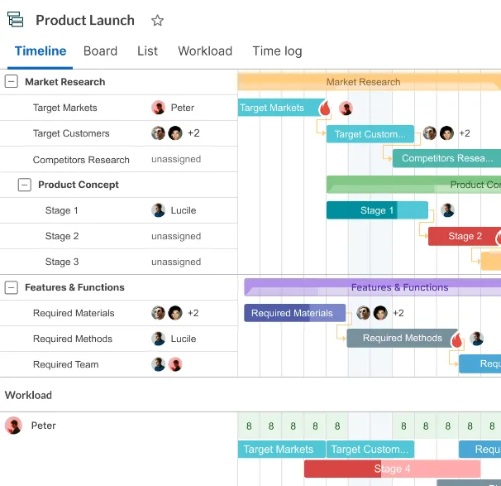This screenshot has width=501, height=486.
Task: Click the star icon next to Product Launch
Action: [157, 21]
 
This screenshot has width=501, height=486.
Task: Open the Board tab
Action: [100, 51]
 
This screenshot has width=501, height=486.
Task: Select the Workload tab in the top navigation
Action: [205, 51]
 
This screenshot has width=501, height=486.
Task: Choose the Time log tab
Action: [277, 51]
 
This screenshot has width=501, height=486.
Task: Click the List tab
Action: [147, 51]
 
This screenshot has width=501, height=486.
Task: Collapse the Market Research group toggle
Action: [12, 82]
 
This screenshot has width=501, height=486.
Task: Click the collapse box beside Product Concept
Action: [25, 185]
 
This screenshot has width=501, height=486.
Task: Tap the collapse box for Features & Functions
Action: [12, 287]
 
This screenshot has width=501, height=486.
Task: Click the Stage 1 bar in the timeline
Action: [377, 210]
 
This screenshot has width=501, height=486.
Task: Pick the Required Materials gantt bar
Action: [294, 313]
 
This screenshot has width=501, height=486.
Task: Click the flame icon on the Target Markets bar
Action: [325, 108]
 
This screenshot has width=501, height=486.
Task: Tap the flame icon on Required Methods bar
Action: [457, 339]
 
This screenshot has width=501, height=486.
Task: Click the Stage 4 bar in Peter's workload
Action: [392, 469]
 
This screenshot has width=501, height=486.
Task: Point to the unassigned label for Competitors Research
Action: [176, 159]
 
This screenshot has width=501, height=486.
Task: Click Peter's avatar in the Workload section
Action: [13, 426]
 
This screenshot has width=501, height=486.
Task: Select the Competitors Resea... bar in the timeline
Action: [446, 158]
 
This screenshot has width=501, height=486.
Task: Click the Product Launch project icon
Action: [16, 19]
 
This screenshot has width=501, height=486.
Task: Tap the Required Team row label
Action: [66, 364]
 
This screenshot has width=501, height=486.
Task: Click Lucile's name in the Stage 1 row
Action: [184, 210]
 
